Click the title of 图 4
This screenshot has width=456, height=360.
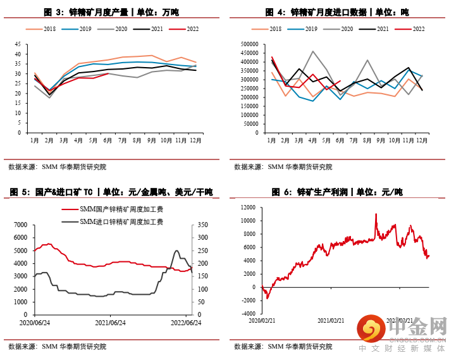(x=336, y=12)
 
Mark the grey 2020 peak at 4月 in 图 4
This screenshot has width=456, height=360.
(x=312, y=52)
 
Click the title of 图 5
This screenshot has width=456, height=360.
(x=111, y=192)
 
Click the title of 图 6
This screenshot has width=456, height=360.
(x=336, y=192)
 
